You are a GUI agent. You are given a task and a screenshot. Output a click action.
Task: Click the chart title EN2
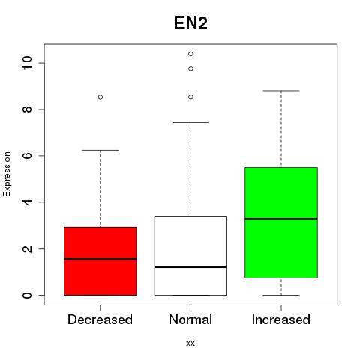point(190,23)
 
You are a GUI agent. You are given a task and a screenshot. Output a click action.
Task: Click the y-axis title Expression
point(7,174)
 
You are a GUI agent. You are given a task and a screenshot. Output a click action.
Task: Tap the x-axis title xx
point(190,343)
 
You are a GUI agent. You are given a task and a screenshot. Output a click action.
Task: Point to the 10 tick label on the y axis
point(27,63)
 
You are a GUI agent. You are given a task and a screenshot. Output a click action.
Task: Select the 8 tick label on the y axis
point(27,109)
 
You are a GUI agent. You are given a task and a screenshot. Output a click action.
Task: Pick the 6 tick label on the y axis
point(27,155)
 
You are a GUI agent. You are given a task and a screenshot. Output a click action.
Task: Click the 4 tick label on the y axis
point(27,202)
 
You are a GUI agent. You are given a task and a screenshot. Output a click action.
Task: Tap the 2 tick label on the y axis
point(27,248)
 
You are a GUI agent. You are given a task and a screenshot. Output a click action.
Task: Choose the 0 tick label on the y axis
point(27,295)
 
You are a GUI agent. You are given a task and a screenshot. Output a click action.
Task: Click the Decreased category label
point(100,319)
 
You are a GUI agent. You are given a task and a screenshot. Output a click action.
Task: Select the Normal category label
point(190,319)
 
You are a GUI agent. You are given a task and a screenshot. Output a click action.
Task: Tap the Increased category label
point(281,319)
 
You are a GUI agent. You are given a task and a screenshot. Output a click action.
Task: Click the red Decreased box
point(100,261)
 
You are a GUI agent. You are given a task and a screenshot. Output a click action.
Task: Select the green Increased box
point(281,223)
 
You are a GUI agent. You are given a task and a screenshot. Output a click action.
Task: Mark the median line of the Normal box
point(190,267)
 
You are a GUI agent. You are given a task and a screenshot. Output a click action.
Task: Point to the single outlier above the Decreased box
point(100,97)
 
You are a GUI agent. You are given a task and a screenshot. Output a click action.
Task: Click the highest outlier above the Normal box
point(190,54)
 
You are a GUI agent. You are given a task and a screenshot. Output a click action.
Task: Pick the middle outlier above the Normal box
point(190,68)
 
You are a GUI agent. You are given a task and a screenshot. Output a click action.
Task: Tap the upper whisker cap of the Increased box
point(281,91)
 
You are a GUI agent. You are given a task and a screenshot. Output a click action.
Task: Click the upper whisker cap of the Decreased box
point(100,150)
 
